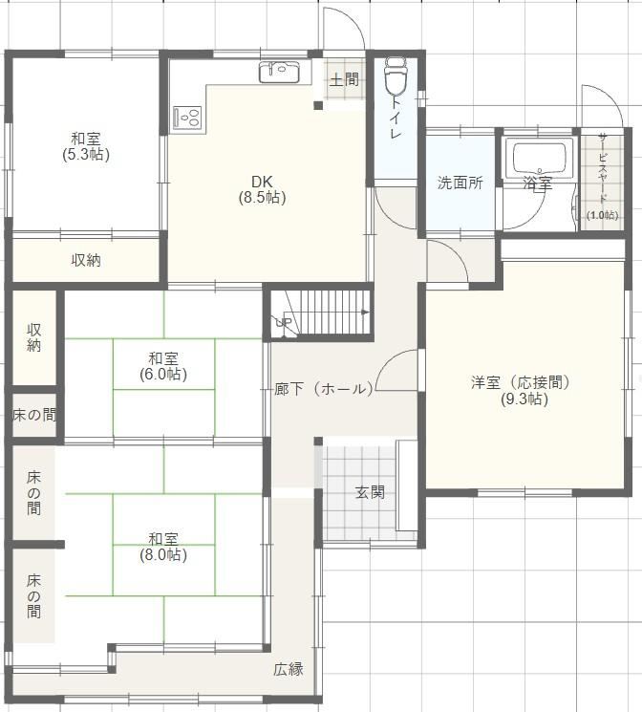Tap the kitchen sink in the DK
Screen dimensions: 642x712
pyautogui.click(x=279, y=72)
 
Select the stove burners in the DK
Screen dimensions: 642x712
pyautogui.click(x=187, y=118)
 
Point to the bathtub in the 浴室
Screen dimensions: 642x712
pyautogui.click(x=540, y=158)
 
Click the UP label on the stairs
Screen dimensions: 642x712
pyautogui.click(x=284, y=323)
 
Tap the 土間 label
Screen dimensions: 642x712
pyautogui.click(x=344, y=80)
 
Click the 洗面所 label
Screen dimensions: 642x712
pyautogui.click(x=460, y=183)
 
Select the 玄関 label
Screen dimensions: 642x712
pyautogui.click(x=370, y=492)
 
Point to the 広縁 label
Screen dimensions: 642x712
pyautogui.click(x=289, y=669)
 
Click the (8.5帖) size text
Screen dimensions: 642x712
pyautogui.click(x=263, y=198)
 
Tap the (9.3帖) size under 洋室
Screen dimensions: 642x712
pyautogui.click(x=524, y=399)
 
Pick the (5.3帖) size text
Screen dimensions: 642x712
pyautogui.click(x=86, y=155)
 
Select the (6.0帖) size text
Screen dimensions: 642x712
pyautogui.click(x=163, y=375)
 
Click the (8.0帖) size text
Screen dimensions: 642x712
pyautogui.click(x=163, y=554)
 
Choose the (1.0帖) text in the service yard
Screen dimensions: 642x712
pyautogui.click(x=602, y=215)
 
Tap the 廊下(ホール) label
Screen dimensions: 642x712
pyautogui.click(x=324, y=389)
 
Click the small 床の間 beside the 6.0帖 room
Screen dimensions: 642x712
pyautogui.click(x=34, y=415)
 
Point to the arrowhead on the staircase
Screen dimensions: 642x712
pyautogui.click(x=365, y=312)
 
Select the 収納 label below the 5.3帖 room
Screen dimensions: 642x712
pyautogui.click(x=86, y=260)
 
